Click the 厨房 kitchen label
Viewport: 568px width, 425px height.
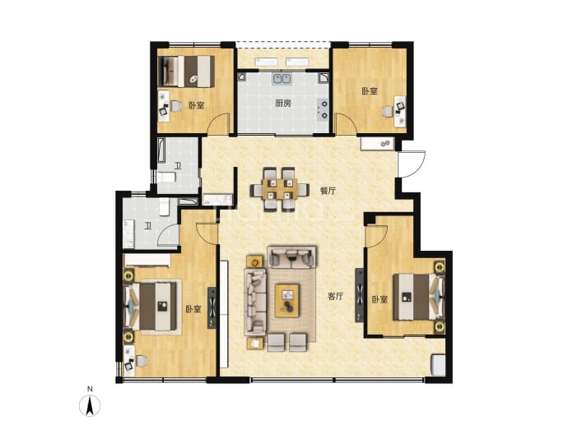283,104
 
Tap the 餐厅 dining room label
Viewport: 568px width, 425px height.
328,191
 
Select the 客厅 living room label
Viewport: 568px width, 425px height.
335,297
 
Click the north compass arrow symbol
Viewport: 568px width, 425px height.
90,405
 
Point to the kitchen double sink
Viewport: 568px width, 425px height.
282,78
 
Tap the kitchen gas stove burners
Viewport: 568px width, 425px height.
323,109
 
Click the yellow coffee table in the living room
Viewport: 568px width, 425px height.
287,300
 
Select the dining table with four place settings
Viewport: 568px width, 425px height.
280,189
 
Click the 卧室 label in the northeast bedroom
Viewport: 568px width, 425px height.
370,91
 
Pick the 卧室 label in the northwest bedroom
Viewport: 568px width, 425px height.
196,105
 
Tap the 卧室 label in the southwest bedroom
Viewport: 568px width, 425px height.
193,309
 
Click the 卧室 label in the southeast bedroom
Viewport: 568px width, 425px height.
379,299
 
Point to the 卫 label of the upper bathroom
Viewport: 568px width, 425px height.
178,166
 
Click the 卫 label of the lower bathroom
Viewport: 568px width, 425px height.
147,226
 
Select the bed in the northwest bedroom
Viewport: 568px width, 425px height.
186,71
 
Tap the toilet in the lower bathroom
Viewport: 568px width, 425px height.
164,207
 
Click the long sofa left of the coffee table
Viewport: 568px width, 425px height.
255,302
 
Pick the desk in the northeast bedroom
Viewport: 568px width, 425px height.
399,112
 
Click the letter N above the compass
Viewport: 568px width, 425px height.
90,389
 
